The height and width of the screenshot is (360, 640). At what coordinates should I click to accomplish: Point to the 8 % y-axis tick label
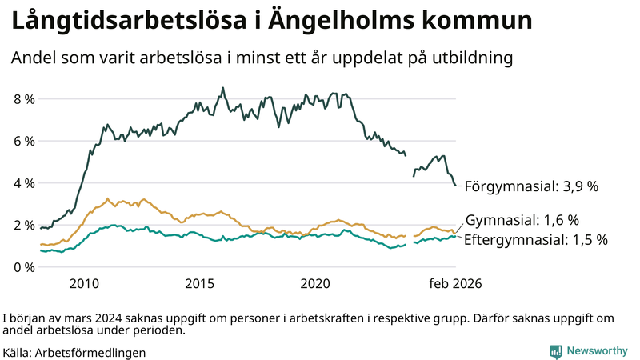pos(24,99)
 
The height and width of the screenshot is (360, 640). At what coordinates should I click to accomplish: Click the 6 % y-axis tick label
pos(24,141)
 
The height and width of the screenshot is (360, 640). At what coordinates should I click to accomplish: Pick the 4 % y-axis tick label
pos(24,183)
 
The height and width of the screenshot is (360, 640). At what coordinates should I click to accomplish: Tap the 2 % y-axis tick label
pos(24,225)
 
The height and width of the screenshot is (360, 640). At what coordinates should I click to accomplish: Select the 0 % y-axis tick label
pos(24,266)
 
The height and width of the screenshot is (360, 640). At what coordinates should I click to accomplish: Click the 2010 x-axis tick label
pos(84,284)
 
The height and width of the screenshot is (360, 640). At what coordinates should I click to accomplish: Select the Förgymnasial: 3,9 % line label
pos(531,186)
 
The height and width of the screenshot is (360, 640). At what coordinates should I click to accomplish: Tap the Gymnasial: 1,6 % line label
pos(522,220)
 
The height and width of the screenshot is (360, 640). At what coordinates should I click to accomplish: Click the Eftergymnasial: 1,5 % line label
pos(536,239)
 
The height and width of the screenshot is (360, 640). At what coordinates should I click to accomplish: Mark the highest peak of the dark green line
pos(222,88)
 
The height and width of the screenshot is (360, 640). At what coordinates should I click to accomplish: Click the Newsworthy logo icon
pos(555,351)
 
